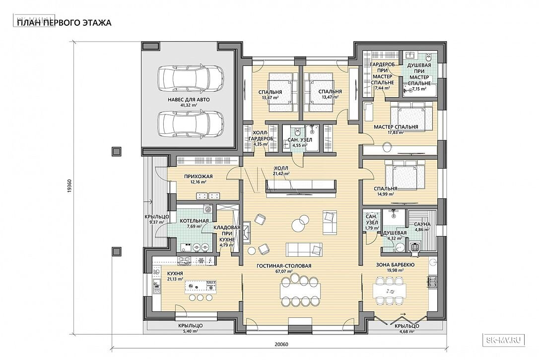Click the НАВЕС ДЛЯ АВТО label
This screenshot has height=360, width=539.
189,100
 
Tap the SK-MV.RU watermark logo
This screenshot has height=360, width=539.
505,340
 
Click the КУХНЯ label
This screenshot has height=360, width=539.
175,273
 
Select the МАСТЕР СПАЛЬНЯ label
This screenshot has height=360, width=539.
396,127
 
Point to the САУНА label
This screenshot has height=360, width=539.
422,224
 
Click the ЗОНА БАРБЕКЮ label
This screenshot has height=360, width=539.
395,265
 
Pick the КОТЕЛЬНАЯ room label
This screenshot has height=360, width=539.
194,221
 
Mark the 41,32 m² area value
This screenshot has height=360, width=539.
189,106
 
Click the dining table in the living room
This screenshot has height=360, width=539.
300,292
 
